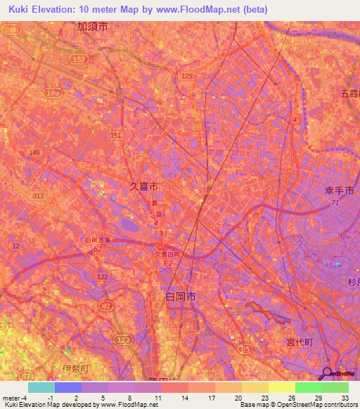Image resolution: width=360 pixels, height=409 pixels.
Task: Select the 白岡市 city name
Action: [x=181, y=298]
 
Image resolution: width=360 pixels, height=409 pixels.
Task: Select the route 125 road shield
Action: [x=186, y=75]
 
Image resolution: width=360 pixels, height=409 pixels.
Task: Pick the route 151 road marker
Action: [x=116, y=135]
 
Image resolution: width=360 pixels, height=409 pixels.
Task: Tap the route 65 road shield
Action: [x=245, y=349]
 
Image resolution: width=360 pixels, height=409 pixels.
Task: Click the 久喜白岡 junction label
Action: [x=167, y=254]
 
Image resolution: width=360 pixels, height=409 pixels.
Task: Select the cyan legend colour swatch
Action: [x=41, y=387]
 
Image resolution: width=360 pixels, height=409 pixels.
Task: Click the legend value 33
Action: [x=345, y=398]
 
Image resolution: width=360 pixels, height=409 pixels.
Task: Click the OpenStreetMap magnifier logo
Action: [x=326, y=373]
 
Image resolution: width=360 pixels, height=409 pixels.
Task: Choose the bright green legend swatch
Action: [x=308, y=387]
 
